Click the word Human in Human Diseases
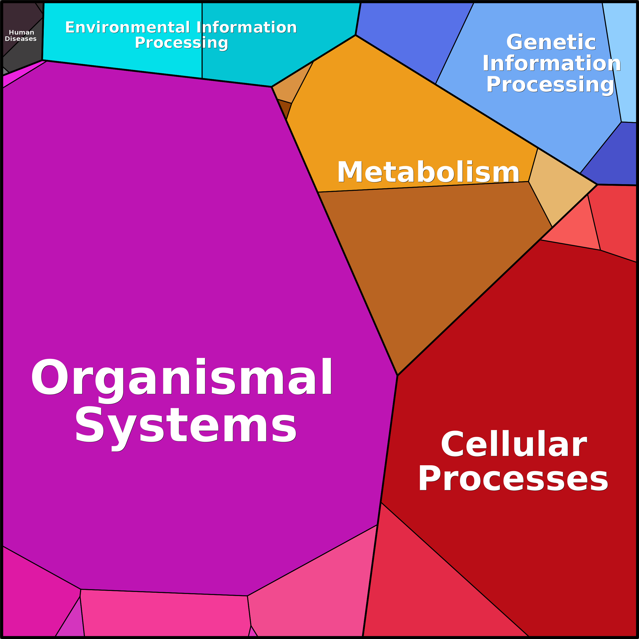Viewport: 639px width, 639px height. coord(22,32)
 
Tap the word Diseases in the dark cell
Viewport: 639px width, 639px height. coord(21,39)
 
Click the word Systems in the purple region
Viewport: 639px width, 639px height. coord(186,424)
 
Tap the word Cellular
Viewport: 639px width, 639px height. coord(514,444)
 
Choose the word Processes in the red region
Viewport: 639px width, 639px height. coord(513,478)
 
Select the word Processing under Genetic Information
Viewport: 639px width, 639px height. coord(550,84)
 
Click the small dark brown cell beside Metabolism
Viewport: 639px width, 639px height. coord(285,108)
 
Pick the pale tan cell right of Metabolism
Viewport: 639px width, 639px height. coord(559,185)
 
